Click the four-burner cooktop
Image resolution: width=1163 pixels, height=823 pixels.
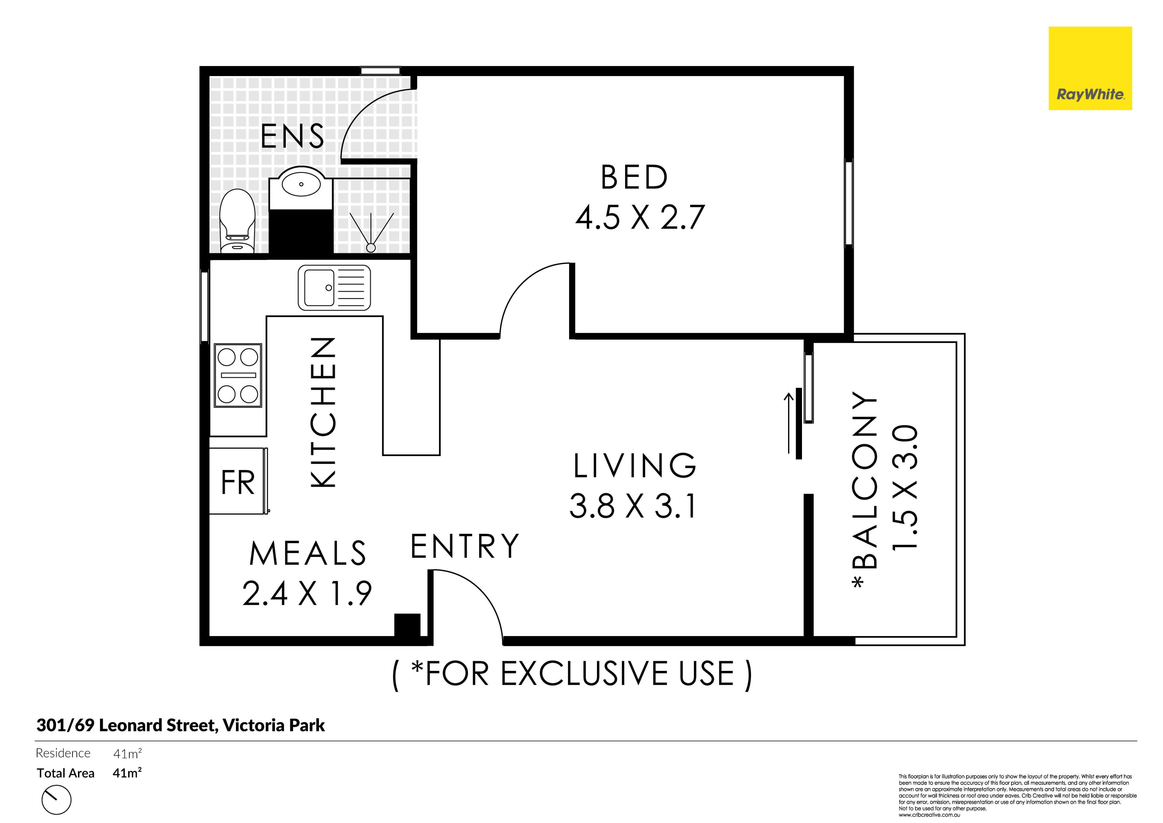pos(238,375)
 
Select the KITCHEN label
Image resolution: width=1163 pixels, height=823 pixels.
pos(323,412)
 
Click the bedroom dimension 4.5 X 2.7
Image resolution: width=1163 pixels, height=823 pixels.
pos(639,217)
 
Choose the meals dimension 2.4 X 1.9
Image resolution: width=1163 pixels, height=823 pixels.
pos(307,593)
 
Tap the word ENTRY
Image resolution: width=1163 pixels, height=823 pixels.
pos(465,546)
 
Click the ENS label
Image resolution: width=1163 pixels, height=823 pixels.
pos(292,136)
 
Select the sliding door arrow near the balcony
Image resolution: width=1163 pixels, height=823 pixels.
pos(789,423)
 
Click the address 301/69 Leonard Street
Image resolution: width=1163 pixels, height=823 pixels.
pos(127,725)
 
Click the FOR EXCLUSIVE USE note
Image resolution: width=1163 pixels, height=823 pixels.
pos(572,675)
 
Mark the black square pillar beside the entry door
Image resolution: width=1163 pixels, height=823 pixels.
pos(407,625)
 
